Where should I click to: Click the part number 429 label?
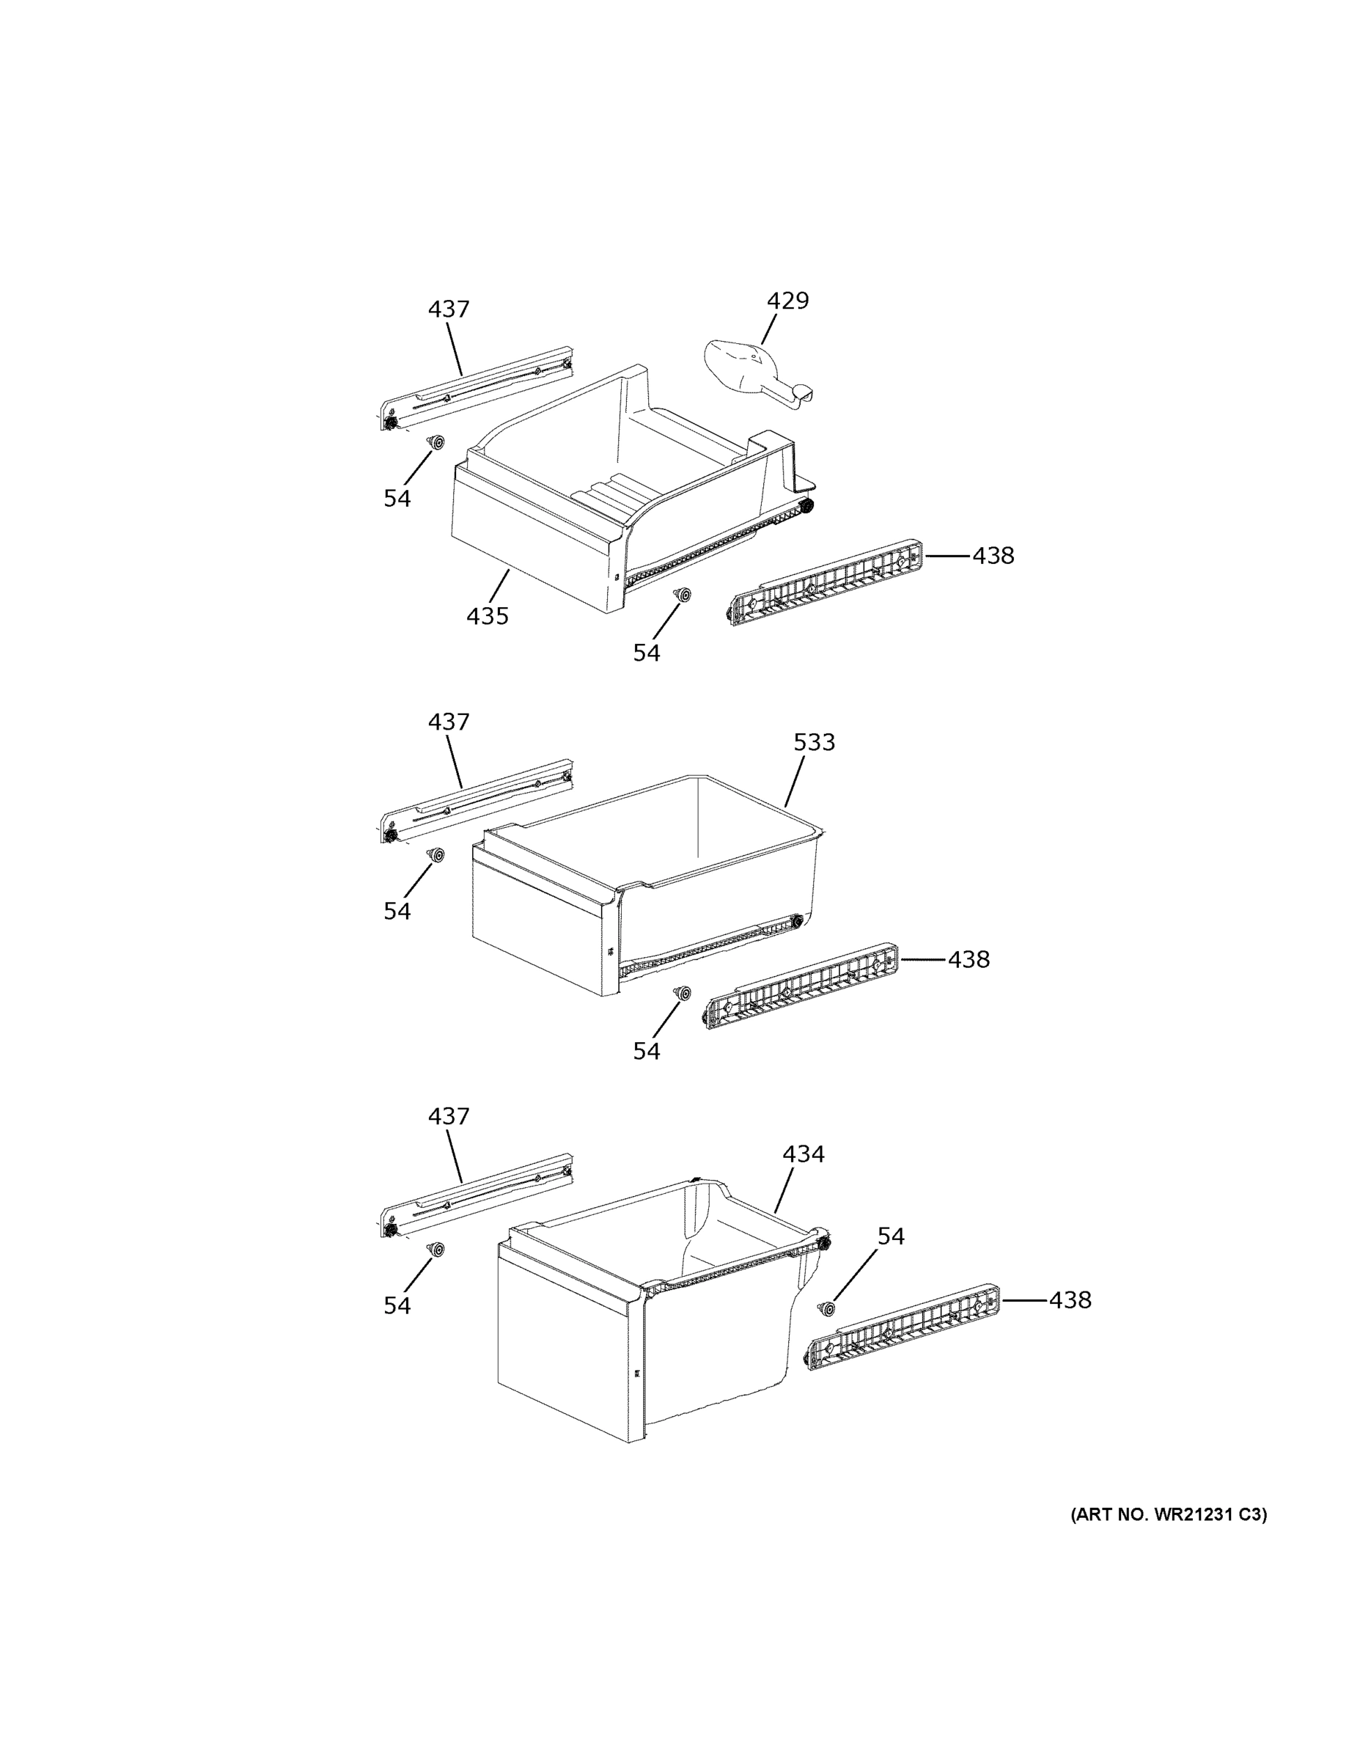(x=787, y=301)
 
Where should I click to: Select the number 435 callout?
(x=488, y=617)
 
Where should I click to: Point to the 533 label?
(x=814, y=742)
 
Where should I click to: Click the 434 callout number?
(x=804, y=1154)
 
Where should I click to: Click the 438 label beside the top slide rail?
(x=993, y=556)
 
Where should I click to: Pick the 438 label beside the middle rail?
(x=968, y=960)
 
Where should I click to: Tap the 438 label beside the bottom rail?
(x=1070, y=1300)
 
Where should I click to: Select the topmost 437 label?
(x=449, y=309)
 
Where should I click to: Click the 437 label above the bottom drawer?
(x=449, y=1117)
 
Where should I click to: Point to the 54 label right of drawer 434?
(x=890, y=1236)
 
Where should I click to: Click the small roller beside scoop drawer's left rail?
(x=437, y=442)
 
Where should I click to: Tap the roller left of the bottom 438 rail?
(x=826, y=1309)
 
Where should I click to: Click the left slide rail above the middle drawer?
(x=477, y=801)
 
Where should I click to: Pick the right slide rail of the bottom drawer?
(x=903, y=1327)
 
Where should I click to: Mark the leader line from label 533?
(x=795, y=781)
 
